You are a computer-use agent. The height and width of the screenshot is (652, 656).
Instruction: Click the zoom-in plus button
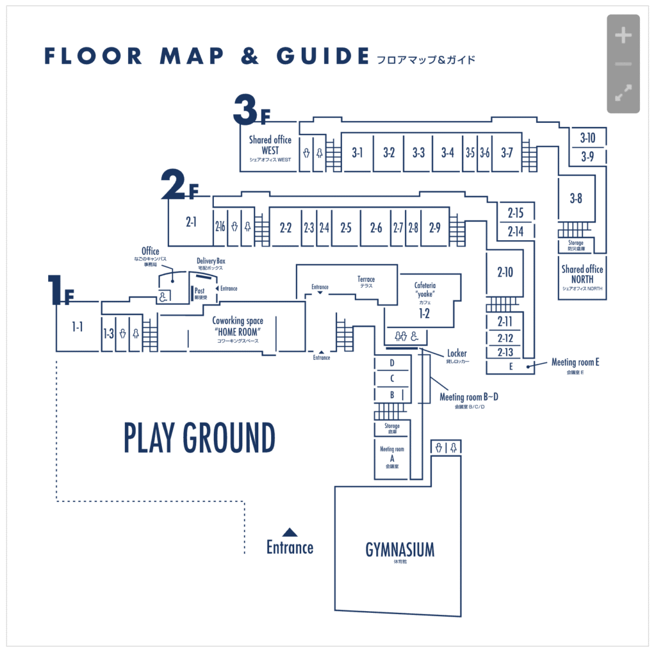(x=623, y=36)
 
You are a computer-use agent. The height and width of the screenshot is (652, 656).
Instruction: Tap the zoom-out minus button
(x=623, y=64)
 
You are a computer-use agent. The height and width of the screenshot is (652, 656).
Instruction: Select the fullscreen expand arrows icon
(x=623, y=93)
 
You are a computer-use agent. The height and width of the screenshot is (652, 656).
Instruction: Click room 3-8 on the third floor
(x=576, y=199)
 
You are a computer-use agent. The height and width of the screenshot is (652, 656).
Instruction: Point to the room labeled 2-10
(x=505, y=272)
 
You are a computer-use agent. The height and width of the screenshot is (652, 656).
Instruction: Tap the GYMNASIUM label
(x=400, y=550)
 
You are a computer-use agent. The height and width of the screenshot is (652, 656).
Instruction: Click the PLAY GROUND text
(x=199, y=438)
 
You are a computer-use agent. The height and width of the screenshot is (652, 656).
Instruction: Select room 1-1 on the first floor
(x=78, y=327)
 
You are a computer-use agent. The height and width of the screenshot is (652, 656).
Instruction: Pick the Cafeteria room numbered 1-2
(x=423, y=313)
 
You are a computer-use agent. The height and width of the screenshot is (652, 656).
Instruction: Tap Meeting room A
(x=391, y=457)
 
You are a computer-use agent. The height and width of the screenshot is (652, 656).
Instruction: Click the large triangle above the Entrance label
(x=290, y=532)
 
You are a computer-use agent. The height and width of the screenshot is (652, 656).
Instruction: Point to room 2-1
(x=190, y=222)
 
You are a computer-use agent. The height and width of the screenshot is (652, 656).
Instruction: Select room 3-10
(x=587, y=137)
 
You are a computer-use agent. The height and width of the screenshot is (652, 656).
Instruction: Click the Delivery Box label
(x=210, y=261)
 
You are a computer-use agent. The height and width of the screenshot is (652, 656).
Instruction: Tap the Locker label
(x=457, y=354)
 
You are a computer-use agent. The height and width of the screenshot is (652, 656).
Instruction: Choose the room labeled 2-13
(x=505, y=352)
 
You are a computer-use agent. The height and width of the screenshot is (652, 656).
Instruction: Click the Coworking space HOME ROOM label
(x=237, y=327)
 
